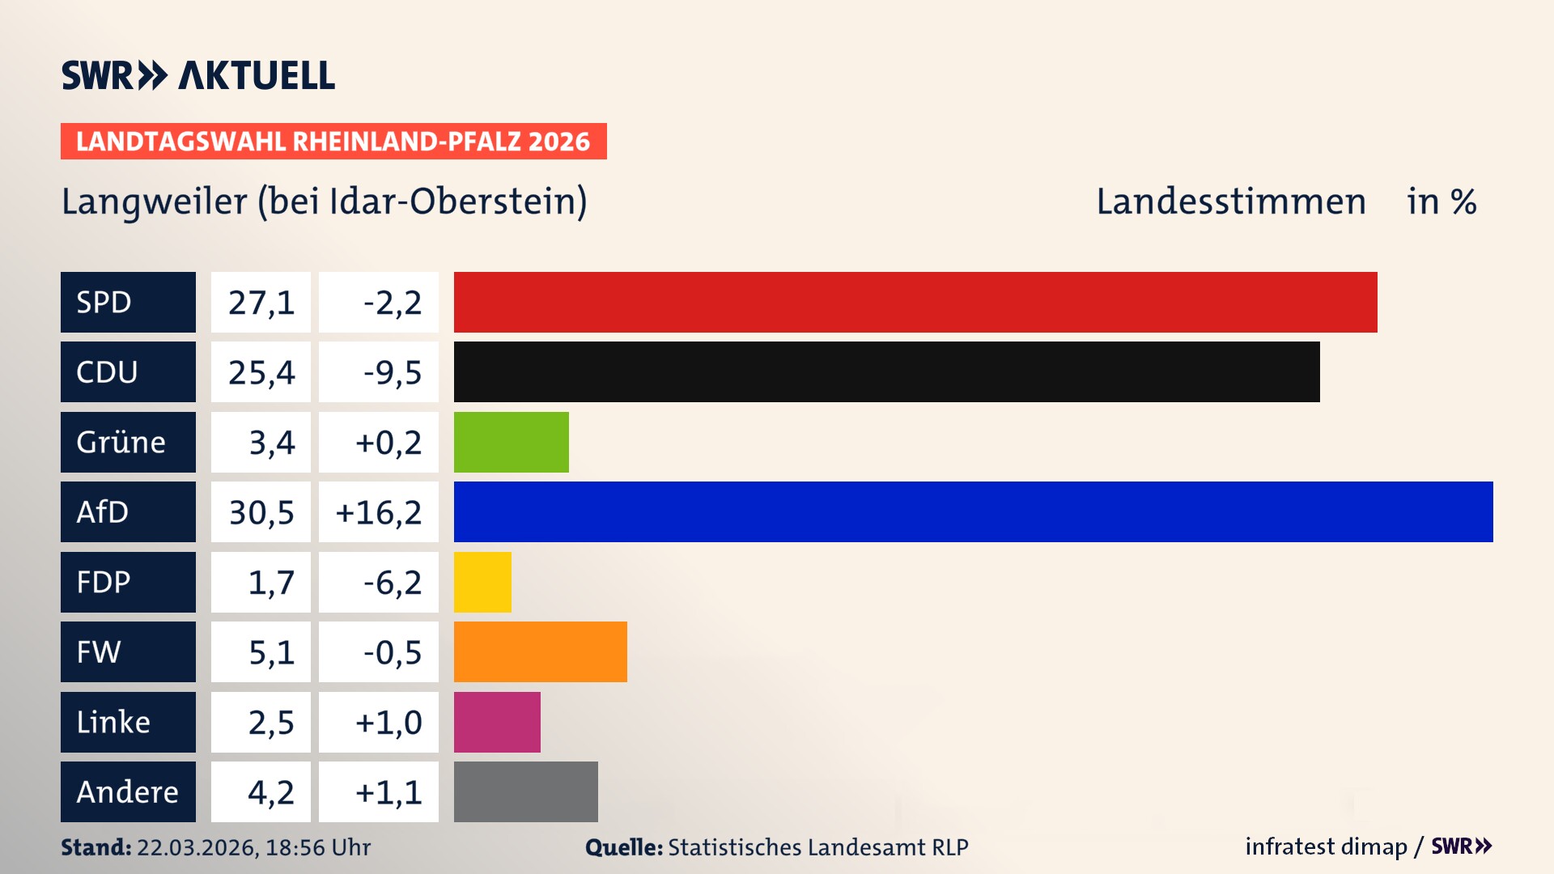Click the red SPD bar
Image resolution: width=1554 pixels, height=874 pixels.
915,302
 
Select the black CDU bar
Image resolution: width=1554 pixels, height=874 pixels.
886,371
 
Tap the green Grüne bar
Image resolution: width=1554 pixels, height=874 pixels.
511,442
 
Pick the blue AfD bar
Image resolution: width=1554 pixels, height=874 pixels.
973,511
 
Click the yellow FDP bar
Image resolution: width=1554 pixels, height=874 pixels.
482,582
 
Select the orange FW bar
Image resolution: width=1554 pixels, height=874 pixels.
540,651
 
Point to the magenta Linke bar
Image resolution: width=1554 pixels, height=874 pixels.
497,722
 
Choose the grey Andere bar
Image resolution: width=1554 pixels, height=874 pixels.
525,791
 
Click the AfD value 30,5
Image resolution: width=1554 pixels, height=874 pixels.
261,512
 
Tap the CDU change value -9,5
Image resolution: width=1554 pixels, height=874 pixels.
392,372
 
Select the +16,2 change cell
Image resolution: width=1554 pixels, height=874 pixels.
379,512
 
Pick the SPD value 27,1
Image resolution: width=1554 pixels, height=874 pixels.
261,303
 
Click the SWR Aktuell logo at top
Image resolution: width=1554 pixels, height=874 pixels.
197,75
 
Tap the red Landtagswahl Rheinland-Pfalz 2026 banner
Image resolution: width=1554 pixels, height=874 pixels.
333,142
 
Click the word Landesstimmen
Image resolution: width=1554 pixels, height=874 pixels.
1230,202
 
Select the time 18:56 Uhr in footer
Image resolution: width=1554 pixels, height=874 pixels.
317,847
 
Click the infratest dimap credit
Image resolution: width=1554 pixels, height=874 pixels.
1325,846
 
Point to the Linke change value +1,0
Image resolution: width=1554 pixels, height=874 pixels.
388,723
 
